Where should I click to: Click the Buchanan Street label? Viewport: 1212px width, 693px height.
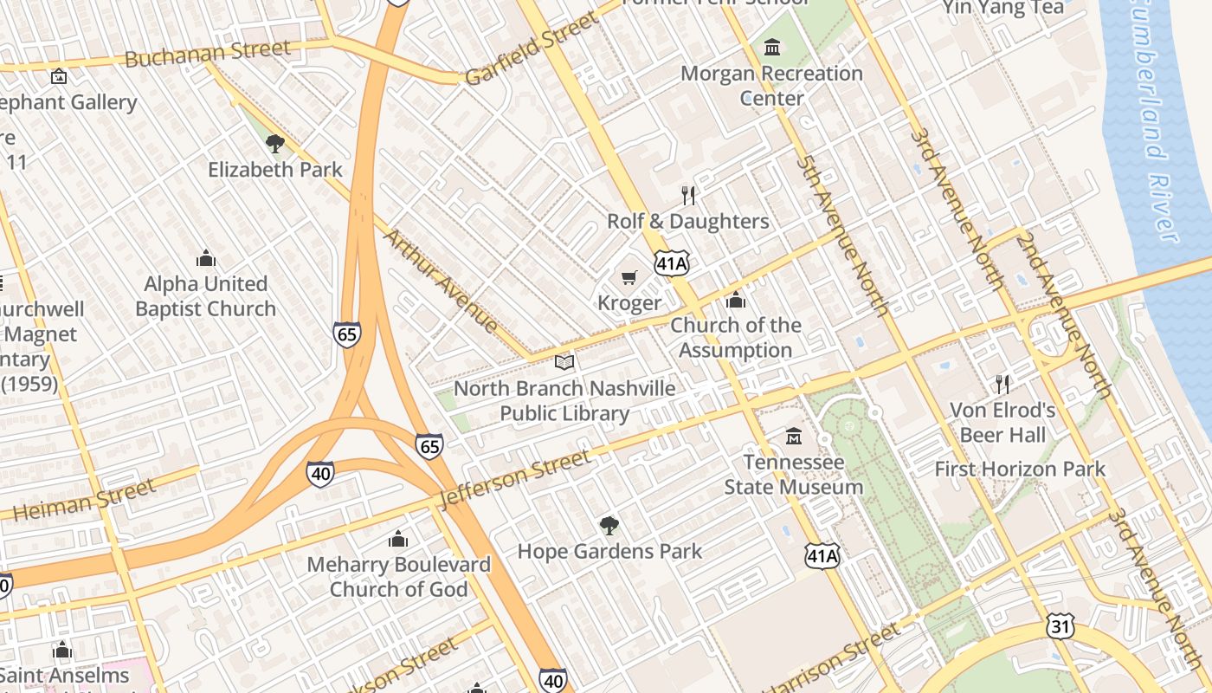tap(208, 54)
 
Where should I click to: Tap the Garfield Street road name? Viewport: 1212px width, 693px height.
tap(531, 49)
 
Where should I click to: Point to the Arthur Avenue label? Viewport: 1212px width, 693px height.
tap(441, 281)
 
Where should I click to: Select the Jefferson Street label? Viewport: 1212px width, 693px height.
tap(515, 477)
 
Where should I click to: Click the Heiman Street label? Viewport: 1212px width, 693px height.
tap(85, 500)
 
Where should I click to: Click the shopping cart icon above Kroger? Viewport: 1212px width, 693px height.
tap(629, 278)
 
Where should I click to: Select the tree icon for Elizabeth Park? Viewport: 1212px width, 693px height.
tap(275, 144)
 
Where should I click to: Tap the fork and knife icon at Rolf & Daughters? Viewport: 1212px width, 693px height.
tap(688, 195)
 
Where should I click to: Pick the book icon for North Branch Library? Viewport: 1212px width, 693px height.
tap(564, 362)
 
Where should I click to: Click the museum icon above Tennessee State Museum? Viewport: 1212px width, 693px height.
tap(794, 437)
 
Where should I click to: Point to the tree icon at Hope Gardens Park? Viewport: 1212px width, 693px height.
tap(609, 525)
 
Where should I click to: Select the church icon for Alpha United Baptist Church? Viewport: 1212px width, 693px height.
tap(205, 258)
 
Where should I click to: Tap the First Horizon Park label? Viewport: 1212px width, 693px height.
tap(1020, 470)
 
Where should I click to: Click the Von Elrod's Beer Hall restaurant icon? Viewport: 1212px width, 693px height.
tap(1002, 384)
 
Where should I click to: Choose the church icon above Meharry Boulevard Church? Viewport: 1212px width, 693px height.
tap(398, 539)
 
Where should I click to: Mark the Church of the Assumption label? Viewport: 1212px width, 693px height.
tap(736, 338)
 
